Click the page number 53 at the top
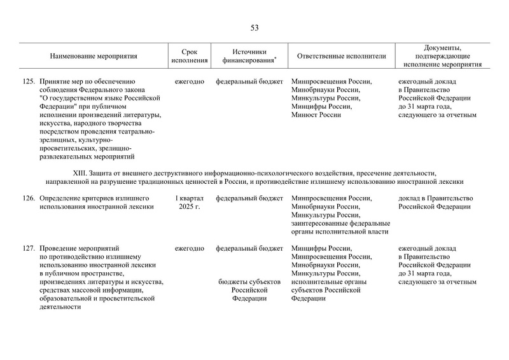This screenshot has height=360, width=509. [254, 27]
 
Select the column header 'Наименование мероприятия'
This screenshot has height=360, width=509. [94, 56]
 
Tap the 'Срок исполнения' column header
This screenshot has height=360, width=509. [189, 56]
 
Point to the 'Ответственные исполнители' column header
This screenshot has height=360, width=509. [342, 56]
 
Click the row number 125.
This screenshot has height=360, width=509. [28, 82]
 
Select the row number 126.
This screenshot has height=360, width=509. [28, 198]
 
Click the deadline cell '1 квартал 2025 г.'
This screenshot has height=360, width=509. [189, 202]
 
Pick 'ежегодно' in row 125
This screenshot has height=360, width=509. [189, 82]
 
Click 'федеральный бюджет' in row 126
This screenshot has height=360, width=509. [249, 198]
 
